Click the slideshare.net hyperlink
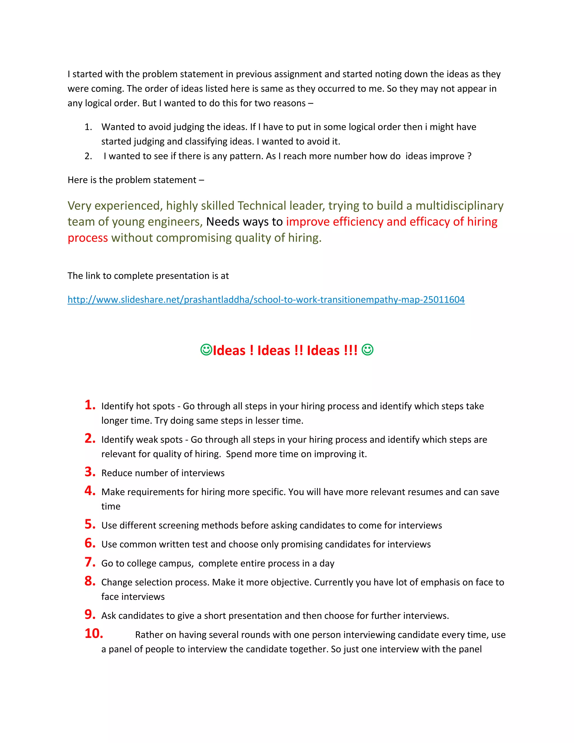click(266, 299)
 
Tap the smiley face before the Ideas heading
click(206, 349)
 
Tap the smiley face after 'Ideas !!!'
click(367, 349)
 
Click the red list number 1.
click(90, 405)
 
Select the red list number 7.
click(90, 562)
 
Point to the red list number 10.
click(94, 633)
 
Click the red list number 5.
click(90, 524)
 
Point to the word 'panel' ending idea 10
click(470, 649)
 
